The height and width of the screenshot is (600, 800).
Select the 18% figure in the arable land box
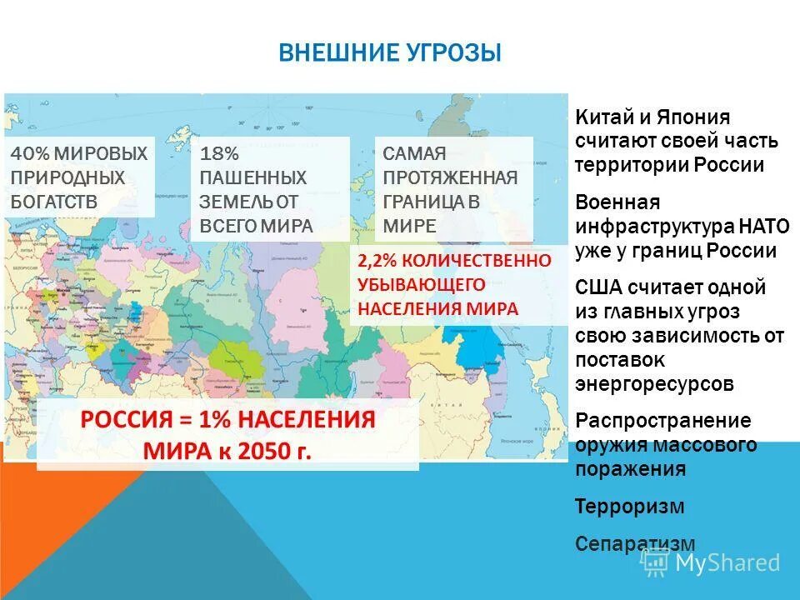click(x=219, y=154)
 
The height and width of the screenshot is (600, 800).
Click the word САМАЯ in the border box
click(x=415, y=154)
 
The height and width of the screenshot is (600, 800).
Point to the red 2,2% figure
click(x=376, y=261)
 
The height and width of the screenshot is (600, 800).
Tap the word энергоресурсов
click(x=654, y=383)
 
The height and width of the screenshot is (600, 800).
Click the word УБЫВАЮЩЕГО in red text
click(x=422, y=284)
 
